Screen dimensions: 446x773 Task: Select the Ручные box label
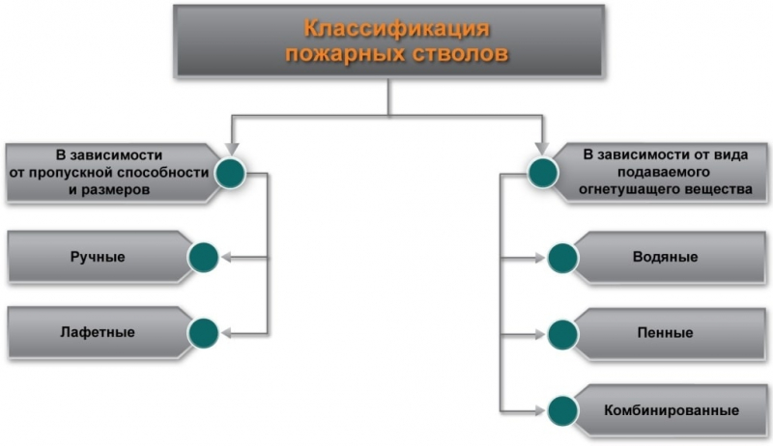click(98, 257)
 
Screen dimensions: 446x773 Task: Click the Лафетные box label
click(100, 332)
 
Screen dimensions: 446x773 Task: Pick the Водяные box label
click(665, 258)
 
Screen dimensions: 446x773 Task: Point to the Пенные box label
click(665, 333)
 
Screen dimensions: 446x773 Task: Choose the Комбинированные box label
click(665, 408)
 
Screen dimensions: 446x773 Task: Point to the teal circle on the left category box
click(230, 173)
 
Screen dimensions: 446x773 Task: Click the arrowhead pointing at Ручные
click(226, 258)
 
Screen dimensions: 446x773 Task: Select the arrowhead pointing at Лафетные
click(226, 333)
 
